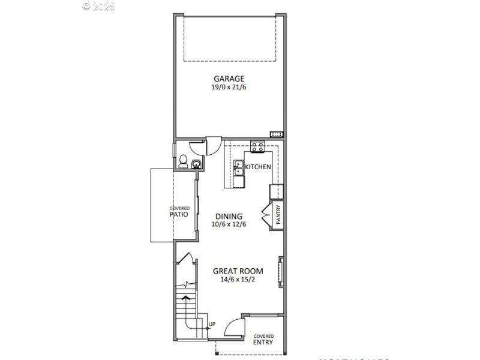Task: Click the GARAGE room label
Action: (229, 79)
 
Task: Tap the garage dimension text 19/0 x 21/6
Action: (229, 88)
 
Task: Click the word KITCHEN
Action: (258, 167)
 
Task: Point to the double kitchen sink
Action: (239, 167)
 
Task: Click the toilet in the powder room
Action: (184, 161)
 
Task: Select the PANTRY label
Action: (278, 215)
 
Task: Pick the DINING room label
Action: (229, 217)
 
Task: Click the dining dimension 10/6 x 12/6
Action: (229, 225)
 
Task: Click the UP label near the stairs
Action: (211, 325)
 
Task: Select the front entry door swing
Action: (236, 327)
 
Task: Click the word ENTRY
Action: (263, 343)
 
